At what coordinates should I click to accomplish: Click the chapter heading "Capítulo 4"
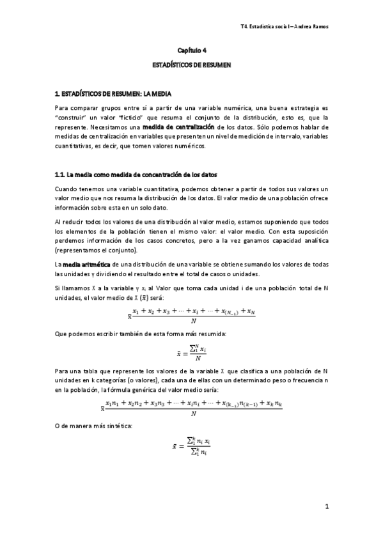coord(191,49)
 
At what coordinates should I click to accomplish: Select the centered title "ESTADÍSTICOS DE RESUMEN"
coord(191,65)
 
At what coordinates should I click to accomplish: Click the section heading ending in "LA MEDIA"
coord(114,94)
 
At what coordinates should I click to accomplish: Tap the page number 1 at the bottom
coord(326,508)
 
